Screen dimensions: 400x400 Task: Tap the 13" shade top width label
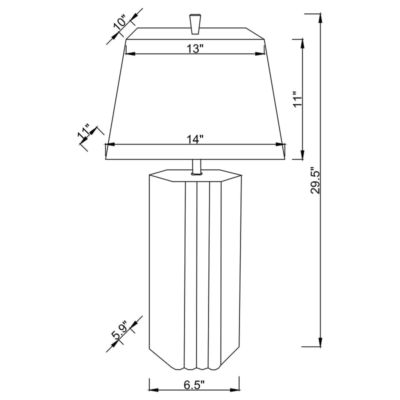tap(195, 48)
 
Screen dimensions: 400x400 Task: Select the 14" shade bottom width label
tap(195, 139)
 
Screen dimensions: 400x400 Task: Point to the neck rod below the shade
tap(196, 166)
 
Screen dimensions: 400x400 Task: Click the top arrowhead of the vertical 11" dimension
tap(303, 44)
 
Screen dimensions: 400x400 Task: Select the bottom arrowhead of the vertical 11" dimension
tap(303, 154)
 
